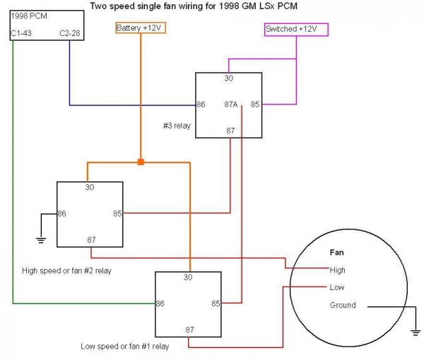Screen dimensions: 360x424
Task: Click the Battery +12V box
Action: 141,28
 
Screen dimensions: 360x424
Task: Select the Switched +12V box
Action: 295,29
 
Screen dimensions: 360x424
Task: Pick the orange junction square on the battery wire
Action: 141,162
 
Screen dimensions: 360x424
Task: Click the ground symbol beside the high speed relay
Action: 41,240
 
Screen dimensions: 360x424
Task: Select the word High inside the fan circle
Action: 338,270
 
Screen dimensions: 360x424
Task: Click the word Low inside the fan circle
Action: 336,287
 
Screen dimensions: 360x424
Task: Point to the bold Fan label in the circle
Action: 337,251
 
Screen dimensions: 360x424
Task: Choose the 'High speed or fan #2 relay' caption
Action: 68,270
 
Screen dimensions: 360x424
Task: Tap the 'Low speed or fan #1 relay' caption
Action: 124,346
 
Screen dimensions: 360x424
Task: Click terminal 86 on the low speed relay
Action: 161,304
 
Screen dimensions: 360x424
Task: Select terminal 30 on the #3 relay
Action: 229,78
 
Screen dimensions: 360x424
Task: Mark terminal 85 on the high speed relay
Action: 117,212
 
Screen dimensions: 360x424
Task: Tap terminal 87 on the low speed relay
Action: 189,329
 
